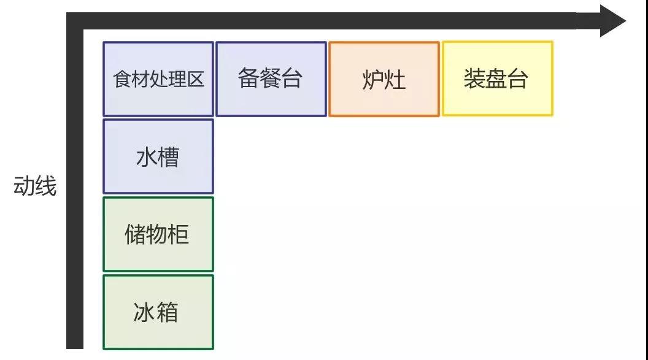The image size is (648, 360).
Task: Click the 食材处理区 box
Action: [x=158, y=79]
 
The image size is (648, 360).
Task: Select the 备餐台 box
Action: [x=271, y=79]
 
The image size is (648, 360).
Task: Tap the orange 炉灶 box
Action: [x=384, y=79]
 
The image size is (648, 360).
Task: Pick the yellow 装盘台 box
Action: [x=497, y=79]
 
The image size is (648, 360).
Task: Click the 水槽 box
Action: [x=158, y=157]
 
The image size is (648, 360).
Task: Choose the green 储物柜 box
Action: [x=158, y=234]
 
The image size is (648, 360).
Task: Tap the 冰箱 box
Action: [x=158, y=312]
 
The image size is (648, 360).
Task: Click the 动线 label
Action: [x=35, y=186]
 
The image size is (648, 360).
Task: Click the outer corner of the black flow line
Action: [x=69, y=15]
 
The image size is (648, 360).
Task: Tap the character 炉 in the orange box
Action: [x=373, y=80]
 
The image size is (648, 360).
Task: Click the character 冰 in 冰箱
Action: [x=144, y=313]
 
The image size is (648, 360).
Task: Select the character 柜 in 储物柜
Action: [x=179, y=234]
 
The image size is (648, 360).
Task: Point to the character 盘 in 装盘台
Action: [x=496, y=79]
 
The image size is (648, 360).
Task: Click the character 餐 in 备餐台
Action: [x=270, y=79]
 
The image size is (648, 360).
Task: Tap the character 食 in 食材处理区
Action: [x=121, y=80]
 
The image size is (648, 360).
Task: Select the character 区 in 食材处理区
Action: [x=196, y=80]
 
